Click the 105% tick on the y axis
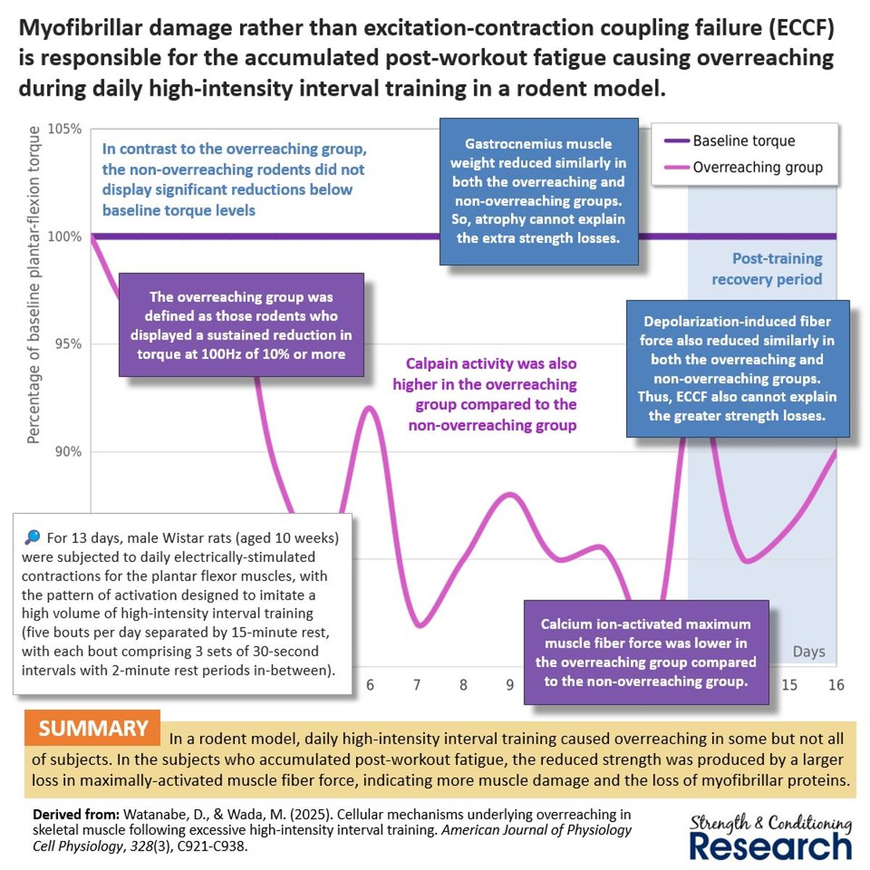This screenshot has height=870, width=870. pyautogui.click(x=65, y=129)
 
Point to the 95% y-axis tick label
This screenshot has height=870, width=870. pyautogui.click(x=67, y=344)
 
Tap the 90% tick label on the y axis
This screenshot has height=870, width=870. pyautogui.click(x=67, y=452)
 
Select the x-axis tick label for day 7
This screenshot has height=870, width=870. pyautogui.click(x=416, y=684)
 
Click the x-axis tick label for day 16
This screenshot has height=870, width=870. pyautogui.click(x=836, y=684)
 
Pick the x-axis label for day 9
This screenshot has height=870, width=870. pyautogui.click(x=510, y=684)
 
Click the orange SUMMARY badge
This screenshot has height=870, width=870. pyautogui.click(x=92, y=728)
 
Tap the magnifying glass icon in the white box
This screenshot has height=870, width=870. pyautogui.click(x=33, y=537)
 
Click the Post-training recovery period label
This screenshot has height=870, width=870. pyautogui.click(x=767, y=268)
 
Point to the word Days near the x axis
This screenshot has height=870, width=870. pyautogui.click(x=808, y=651)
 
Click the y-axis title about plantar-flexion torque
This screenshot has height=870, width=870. pyautogui.click(x=33, y=284)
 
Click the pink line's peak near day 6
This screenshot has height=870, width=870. pyautogui.click(x=370, y=407)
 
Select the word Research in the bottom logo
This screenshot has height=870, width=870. pyautogui.click(x=770, y=845)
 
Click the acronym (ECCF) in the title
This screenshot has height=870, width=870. pyautogui.click(x=800, y=28)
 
